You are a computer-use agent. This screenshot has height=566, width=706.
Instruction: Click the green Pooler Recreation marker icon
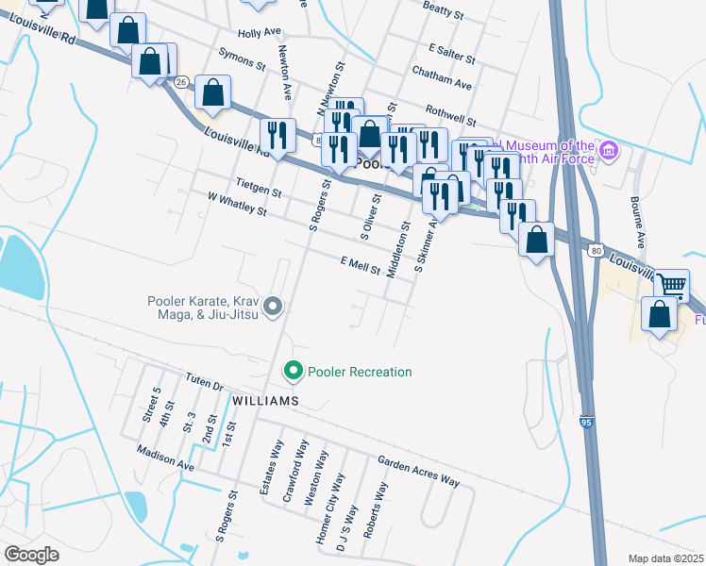pyautogui.click(x=293, y=372)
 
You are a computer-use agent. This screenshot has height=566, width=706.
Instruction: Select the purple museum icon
pyautogui.click(x=609, y=151)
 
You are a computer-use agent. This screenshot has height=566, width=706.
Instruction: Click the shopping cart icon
pyautogui.click(x=671, y=283)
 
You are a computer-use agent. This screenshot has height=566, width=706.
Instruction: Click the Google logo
pyautogui.click(x=31, y=554)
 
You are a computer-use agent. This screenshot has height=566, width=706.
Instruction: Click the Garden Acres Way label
pyautogui.click(x=418, y=472)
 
